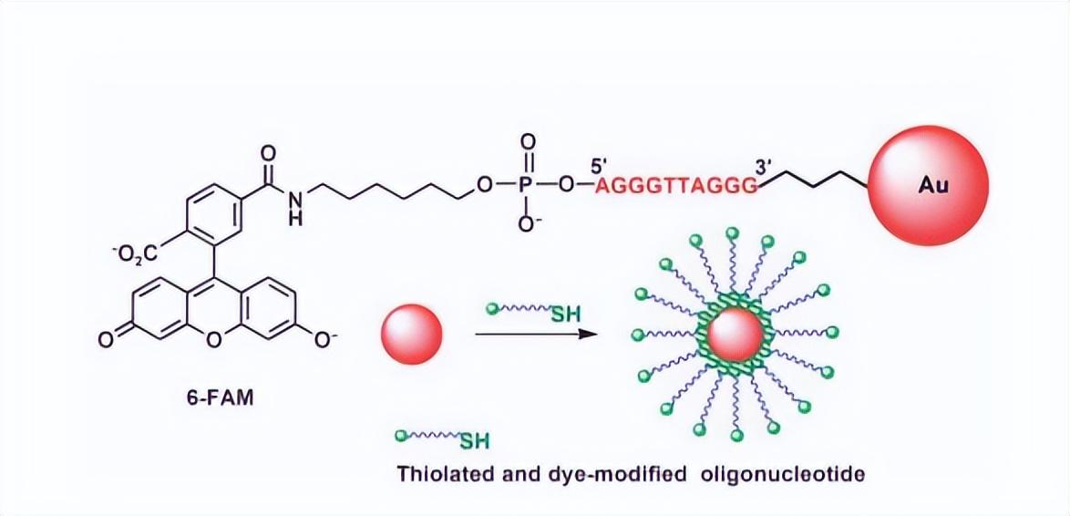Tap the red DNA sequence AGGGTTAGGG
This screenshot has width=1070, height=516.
pyautogui.click(x=676, y=186)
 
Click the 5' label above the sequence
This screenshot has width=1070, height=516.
pyautogui.click(x=600, y=165)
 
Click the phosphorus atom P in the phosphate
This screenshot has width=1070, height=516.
pyautogui.click(x=528, y=186)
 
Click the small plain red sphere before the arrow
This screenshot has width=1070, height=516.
pyautogui.click(x=410, y=335)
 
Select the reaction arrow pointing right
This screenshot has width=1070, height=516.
pyautogui.click(x=536, y=335)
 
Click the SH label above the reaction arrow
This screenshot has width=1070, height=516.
pyautogui.click(x=565, y=315)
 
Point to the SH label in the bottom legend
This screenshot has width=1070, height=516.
pyautogui.click(x=474, y=441)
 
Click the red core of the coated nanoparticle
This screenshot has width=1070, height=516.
pyautogui.click(x=736, y=335)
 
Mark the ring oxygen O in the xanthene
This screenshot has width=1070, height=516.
pyautogui.click(x=213, y=340)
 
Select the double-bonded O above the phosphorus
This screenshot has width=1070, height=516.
pyautogui.click(x=528, y=143)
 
